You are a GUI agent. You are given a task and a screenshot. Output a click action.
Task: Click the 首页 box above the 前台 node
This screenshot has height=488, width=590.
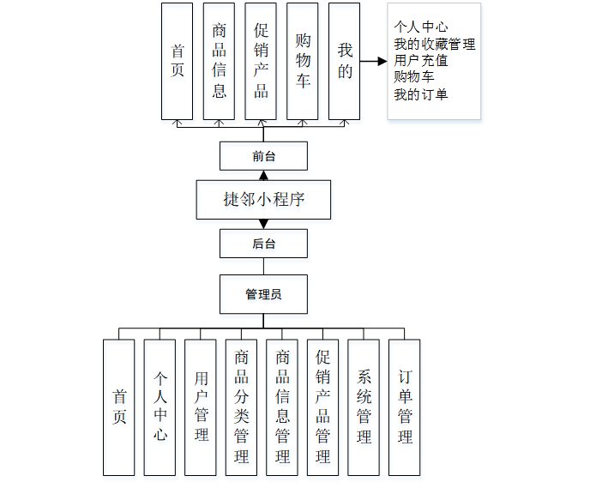click(178, 61)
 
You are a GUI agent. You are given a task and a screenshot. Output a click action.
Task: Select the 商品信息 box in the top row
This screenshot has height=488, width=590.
click(219, 61)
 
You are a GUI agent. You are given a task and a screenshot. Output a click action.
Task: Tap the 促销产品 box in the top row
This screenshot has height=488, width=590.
click(261, 61)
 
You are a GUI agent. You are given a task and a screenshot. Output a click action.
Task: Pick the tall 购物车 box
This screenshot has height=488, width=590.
click(303, 61)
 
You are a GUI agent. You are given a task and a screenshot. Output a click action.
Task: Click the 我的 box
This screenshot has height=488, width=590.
click(344, 61)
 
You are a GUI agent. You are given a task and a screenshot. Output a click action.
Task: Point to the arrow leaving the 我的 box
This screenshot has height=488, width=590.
click(373, 62)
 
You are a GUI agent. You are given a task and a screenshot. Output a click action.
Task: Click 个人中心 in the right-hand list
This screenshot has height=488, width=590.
click(420, 27)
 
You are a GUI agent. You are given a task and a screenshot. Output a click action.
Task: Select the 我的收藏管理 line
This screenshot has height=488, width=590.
click(434, 45)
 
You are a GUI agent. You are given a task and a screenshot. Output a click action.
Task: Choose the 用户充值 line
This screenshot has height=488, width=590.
click(420, 61)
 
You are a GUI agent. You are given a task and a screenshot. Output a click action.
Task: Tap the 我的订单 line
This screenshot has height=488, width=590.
click(420, 94)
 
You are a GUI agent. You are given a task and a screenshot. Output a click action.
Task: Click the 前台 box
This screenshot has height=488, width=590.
click(263, 157)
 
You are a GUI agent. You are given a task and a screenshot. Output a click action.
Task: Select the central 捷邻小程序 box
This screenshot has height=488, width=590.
click(263, 200)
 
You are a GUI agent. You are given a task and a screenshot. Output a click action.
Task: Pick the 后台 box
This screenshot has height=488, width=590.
click(263, 244)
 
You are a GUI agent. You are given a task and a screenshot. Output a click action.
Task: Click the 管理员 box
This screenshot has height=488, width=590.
click(263, 294)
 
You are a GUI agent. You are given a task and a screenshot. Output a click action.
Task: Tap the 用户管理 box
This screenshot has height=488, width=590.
click(201, 407)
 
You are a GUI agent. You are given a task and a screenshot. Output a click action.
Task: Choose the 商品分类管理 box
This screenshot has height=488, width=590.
click(242, 407)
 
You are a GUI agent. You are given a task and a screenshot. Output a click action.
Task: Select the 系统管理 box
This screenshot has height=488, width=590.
click(364, 407)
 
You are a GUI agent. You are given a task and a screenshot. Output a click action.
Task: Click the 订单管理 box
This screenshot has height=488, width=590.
click(405, 407)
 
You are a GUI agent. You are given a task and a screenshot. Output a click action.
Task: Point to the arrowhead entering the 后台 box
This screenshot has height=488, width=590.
click(263, 224)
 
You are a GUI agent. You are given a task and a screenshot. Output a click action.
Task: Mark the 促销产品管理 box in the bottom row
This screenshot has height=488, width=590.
click(323, 407)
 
